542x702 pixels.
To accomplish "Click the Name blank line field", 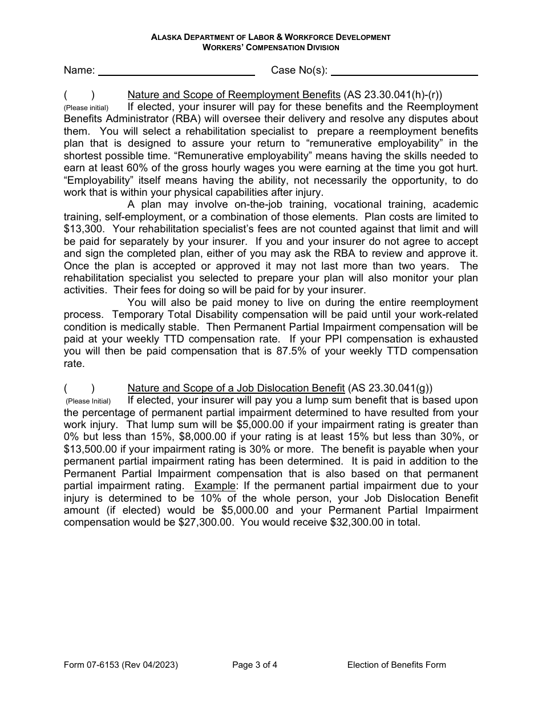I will point(177,70).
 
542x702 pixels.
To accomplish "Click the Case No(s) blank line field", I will point(404,70).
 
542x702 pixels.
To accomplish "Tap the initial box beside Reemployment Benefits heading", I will point(79,95).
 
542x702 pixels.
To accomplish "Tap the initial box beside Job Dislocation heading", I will point(79,388).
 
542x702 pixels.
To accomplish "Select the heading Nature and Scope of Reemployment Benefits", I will point(233,95).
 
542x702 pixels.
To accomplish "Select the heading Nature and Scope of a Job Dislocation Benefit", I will point(236,388).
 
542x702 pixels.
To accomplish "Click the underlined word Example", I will point(215,486).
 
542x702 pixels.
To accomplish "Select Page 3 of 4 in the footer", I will point(254,664).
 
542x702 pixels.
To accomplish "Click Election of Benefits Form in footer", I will point(396,664).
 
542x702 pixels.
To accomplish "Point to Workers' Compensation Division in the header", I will point(270,47).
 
